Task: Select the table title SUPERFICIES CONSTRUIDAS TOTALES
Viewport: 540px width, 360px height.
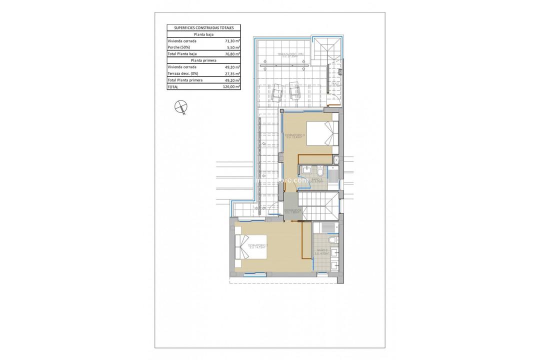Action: click(204, 28)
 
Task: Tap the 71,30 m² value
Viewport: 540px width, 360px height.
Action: click(232, 41)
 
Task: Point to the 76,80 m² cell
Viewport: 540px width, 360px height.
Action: click(232, 54)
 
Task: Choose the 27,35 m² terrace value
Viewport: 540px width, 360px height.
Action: click(232, 73)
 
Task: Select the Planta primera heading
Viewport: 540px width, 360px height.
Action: click(204, 60)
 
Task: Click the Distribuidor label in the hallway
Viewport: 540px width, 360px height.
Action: click(291, 211)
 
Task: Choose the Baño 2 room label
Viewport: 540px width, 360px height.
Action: click(322, 251)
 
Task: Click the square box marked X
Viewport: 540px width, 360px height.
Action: click(336, 160)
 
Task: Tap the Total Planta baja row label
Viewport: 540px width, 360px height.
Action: click(182, 54)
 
